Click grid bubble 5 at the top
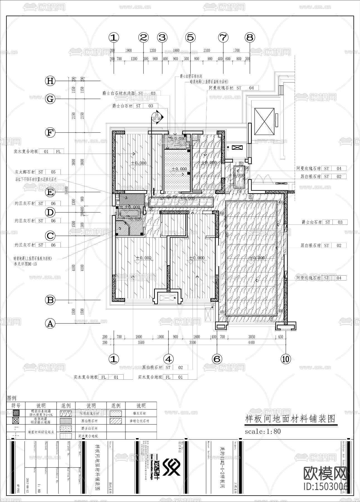coord(190,37)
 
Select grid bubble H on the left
coord(50,81)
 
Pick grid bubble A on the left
coord(50,324)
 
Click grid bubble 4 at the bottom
coord(168,359)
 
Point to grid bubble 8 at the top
coord(250,37)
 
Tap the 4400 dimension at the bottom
coord(251,342)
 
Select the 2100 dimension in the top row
coord(206,50)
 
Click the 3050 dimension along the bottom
coord(251,337)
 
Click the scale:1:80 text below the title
coord(262,431)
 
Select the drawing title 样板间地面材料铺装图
coord(290,419)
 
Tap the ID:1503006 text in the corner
coord(325,486)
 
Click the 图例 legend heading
coord(12,398)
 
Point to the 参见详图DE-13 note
coord(25,264)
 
